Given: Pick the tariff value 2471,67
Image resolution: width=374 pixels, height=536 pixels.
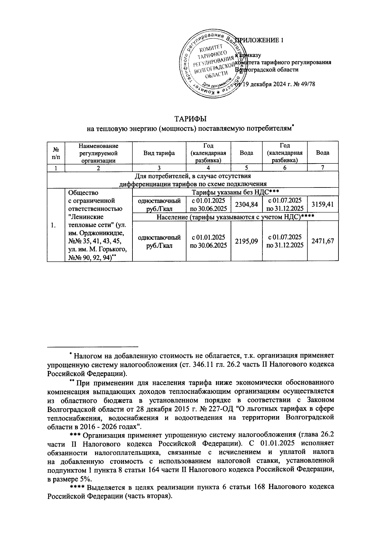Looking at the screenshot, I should [x=323, y=241].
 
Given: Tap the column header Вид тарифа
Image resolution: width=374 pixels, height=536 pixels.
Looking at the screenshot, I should [x=159, y=153].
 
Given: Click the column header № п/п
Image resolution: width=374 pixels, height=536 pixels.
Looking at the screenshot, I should [x=55, y=153].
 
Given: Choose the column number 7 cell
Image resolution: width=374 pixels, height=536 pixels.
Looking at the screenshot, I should [x=323, y=168].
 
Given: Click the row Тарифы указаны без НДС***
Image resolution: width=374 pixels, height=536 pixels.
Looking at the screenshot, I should [x=235, y=192].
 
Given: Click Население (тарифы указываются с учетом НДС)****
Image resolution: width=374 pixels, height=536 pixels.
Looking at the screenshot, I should [x=235, y=217].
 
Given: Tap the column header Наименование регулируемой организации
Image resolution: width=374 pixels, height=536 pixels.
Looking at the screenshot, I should [x=98, y=153].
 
